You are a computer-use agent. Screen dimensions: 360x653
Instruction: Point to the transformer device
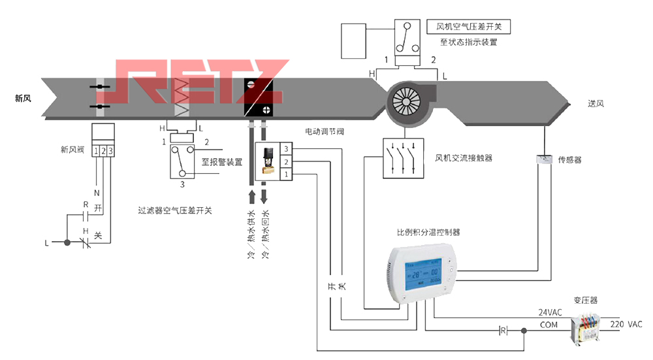point(588,325)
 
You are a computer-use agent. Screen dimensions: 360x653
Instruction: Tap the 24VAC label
point(550,312)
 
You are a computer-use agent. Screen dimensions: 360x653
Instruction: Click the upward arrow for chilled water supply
point(253,198)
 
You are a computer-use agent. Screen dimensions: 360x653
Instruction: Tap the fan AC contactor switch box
point(403,158)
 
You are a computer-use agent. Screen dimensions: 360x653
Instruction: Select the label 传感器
point(569,159)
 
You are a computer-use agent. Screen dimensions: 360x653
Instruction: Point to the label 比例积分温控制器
point(428,232)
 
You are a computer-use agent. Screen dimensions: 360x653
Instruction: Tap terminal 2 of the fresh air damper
point(103,152)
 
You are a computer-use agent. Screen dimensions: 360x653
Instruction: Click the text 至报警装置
point(222,161)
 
